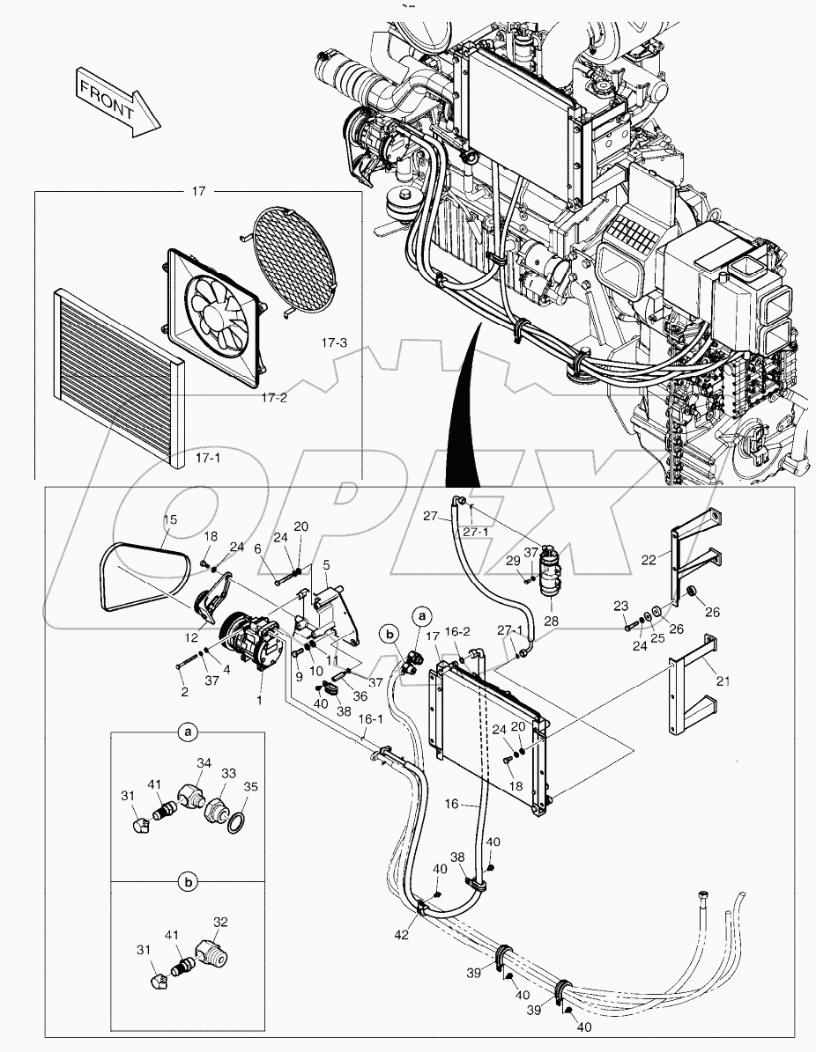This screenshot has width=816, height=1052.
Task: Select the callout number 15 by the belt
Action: pos(170,520)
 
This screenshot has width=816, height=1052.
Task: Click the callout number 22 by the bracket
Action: pos(649,560)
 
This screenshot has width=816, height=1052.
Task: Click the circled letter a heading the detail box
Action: pos(186,732)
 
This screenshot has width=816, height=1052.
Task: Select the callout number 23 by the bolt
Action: pos(620,606)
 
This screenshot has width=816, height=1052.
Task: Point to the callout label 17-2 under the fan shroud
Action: pos(273,397)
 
